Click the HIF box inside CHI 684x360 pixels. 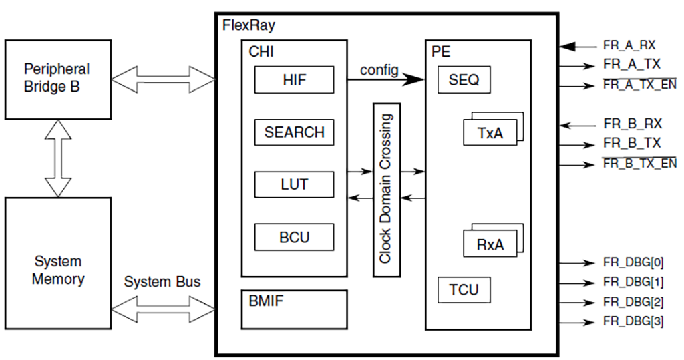294,81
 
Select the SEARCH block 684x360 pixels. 294,132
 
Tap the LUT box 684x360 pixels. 294,184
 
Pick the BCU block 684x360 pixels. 294,236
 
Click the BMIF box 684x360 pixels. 294,309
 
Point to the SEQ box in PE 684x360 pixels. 464,81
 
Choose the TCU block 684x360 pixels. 464,290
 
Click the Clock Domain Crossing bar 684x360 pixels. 386,190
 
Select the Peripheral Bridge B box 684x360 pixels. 57,79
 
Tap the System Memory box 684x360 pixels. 57,262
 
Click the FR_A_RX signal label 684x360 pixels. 629,46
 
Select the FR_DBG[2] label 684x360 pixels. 633,302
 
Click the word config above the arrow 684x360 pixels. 379,69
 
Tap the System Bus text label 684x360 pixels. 162,282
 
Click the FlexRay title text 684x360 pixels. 248,26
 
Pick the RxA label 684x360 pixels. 490,245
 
